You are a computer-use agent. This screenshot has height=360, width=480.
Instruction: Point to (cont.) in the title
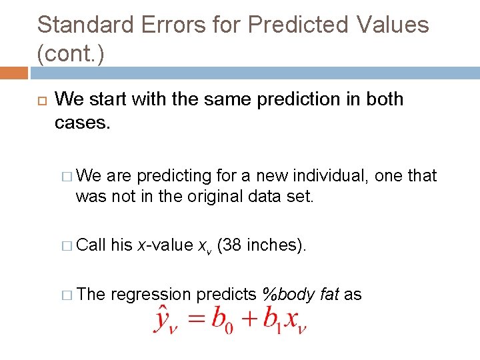71,55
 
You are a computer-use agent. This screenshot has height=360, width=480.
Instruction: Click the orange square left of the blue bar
13,73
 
